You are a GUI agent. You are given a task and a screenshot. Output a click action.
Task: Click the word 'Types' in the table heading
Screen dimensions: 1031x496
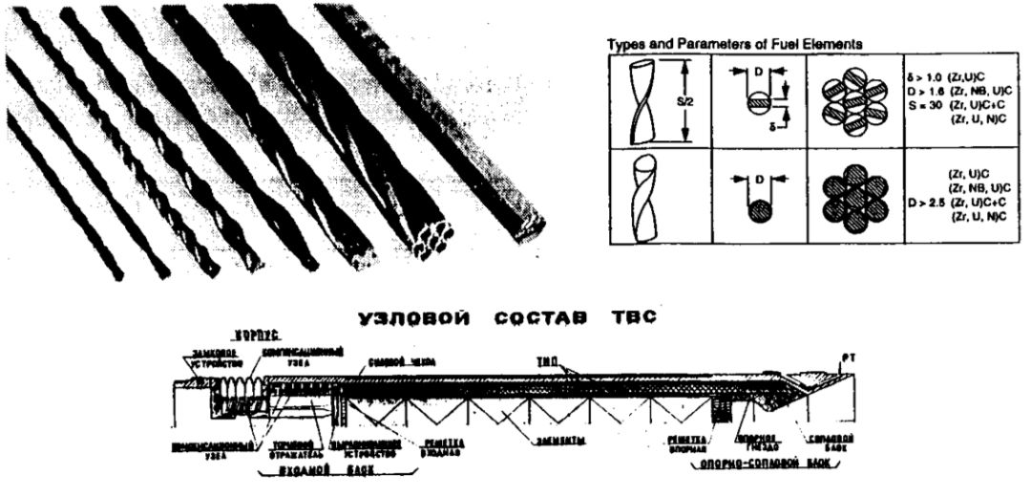[623, 43]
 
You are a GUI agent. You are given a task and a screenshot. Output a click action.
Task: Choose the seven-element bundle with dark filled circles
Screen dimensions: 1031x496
[854, 198]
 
